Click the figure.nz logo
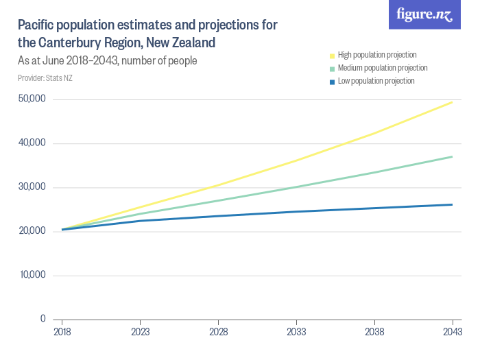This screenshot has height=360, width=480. pos(424,14)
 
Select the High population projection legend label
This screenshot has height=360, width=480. pos(377,55)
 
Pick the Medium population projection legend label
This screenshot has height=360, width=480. pos(383,68)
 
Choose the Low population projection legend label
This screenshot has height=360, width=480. pos(376,81)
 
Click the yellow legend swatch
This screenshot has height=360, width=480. pos(333,55)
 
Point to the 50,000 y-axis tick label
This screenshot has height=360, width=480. pos(32,99)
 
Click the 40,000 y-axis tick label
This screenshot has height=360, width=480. pos(32,143)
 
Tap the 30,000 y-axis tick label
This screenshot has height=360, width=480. pos(32,187)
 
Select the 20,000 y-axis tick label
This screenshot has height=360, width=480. pos(32,231)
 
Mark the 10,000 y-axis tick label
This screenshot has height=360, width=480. pos(32,275)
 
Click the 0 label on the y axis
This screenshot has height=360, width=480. pos(43,319)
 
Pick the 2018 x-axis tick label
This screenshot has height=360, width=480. pos(62,331)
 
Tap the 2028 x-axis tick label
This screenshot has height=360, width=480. pos(218,331)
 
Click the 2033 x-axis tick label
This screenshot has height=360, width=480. pos(296,331)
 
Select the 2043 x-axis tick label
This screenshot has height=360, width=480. pos(452,331)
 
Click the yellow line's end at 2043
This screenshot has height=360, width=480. pos(452,102)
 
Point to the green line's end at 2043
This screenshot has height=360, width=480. pos(452,156)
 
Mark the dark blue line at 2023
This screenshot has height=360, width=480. pos(140,221)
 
